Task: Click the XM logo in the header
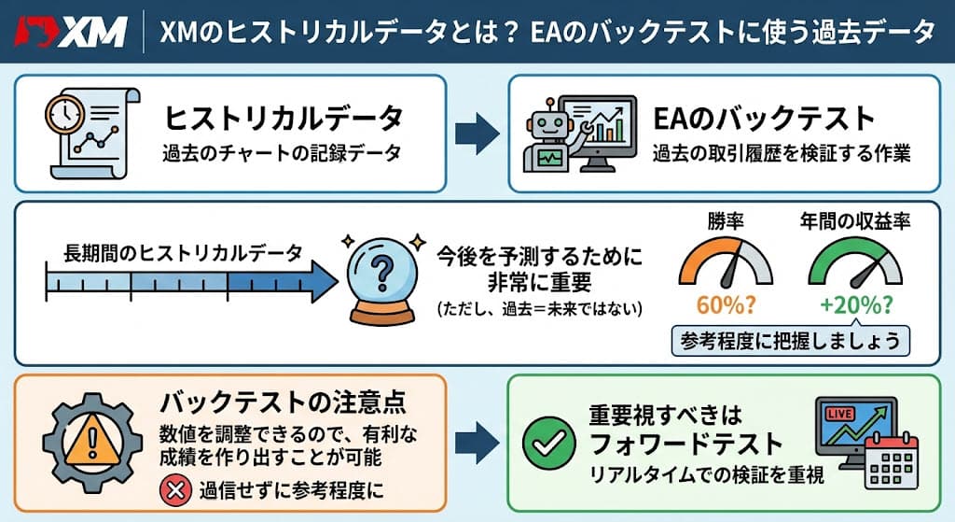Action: tap(71, 32)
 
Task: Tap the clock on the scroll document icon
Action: tap(65, 113)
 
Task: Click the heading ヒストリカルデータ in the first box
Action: tap(284, 119)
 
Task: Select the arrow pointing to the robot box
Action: tap(477, 133)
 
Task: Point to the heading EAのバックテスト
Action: tap(764, 119)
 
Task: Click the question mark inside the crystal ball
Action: tap(381, 272)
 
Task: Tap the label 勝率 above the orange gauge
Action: tap(726, 221)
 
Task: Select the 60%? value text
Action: tap(726, 304)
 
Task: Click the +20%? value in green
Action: tap(856, 304)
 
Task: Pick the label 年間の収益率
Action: tap(855, 221)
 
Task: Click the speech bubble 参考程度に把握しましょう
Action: tap(791, 341)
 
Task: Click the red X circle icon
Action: tap(175, 491)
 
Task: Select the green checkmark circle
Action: tap(548, 443)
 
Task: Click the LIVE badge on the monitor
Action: tap(838, 414)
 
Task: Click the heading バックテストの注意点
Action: tap(284, 402)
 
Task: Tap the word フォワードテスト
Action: tap(685, 444)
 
